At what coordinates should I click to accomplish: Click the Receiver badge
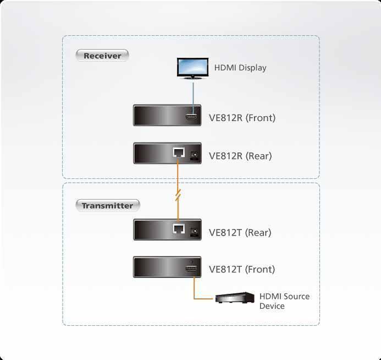(102, 56)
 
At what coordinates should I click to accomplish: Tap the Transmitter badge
(108, 205)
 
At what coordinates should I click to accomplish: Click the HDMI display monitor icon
(192, 69)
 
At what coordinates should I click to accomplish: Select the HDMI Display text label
(240, 68)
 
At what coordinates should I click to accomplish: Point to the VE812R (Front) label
(242, 118)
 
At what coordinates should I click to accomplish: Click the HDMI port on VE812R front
(191, 117)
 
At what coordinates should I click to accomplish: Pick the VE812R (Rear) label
(240, 156)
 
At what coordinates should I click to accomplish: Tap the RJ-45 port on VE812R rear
(179, 152)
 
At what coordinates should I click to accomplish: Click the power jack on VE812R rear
(194, 155)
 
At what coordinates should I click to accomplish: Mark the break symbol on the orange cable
(178, 195)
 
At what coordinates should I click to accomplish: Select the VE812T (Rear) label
(240, 232)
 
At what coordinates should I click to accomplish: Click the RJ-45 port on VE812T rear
(179, 228)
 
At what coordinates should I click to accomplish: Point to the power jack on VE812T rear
(194, 232)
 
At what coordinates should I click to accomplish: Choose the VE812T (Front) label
(242, 269)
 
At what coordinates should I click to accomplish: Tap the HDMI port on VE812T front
(191, 269)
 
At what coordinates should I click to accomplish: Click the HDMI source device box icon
(235, 297)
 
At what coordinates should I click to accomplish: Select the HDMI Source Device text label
(285, 301)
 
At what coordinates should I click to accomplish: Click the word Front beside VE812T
(260, 269)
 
